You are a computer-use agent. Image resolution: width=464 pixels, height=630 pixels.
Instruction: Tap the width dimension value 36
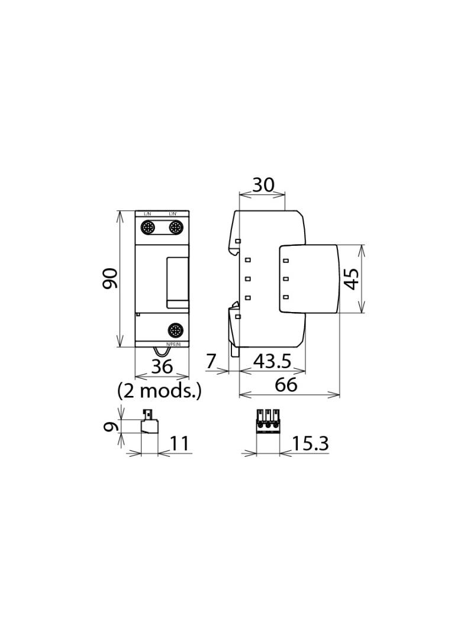162,366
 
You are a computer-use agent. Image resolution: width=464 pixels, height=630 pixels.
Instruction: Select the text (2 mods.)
159,391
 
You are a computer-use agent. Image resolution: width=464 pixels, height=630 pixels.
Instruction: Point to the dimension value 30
263,185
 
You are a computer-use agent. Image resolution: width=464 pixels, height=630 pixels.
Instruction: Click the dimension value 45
352,278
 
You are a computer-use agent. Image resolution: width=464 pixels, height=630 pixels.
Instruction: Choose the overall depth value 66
286,385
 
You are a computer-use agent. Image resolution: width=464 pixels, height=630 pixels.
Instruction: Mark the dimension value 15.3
310,443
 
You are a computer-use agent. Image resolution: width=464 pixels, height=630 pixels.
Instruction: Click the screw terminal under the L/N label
148,228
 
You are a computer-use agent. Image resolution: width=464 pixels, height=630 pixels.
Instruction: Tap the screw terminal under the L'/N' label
176,228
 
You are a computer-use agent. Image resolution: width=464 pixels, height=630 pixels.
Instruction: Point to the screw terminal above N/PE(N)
176,330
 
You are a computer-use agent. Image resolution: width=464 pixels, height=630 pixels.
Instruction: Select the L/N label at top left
147,213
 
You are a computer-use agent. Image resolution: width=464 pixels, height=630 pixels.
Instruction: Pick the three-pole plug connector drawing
268,421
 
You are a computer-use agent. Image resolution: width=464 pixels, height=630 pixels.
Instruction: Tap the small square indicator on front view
138,314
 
